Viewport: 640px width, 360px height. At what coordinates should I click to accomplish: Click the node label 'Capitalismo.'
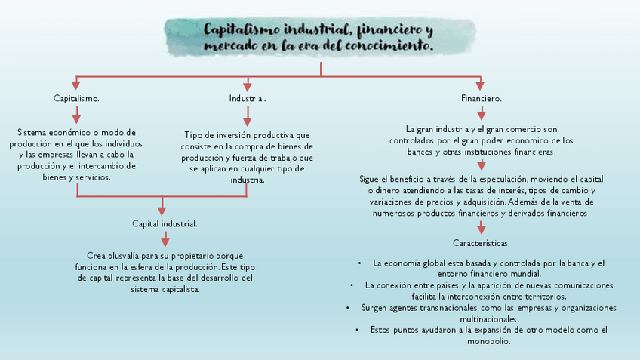(x=76, y=99)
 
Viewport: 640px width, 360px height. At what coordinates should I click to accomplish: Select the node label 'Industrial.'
(x=247, y=99)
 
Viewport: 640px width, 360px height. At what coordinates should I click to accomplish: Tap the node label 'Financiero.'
(x=482, y=99)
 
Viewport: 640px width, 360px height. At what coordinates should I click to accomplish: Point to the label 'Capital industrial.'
(x=165, y=224)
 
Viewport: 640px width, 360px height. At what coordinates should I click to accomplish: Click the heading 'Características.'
(x=482, y=244)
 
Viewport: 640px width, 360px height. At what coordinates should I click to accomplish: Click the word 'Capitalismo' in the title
(x=242, y=30)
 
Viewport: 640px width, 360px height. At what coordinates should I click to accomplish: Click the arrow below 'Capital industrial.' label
(x=165, y=240)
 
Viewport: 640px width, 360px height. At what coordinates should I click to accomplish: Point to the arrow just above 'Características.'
(x=482, y=227)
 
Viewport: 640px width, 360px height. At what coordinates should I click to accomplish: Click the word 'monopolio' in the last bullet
(x=489, y=341)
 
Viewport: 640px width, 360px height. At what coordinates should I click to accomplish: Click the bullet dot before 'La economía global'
(x=362, y=263)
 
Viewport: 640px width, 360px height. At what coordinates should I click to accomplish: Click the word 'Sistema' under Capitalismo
(x=32, y=133)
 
